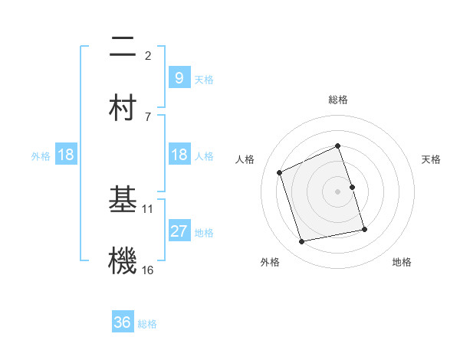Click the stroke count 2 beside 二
click(x=148, y=55)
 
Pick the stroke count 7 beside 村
click(x=148, y=116)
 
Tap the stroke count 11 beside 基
click(x=148, y=208)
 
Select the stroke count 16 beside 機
click(x=148, y=270)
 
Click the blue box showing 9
click(x=179, y=77)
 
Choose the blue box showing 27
click(x=179, y=231)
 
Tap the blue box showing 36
click(x=122, y=322)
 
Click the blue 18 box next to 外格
click(x=66, y=155)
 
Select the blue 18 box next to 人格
click(x=179, y=155)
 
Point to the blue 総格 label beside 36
click(x=147, y=324)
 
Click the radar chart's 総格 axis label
click(x=338, y=100)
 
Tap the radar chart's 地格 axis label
click(x=402, y=262)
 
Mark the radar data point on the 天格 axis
click(x=353, y=187)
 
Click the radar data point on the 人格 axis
click(x=280, y=172)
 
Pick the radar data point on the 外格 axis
click(x=302, y=242)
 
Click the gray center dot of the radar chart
click(x=338, y=191)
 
